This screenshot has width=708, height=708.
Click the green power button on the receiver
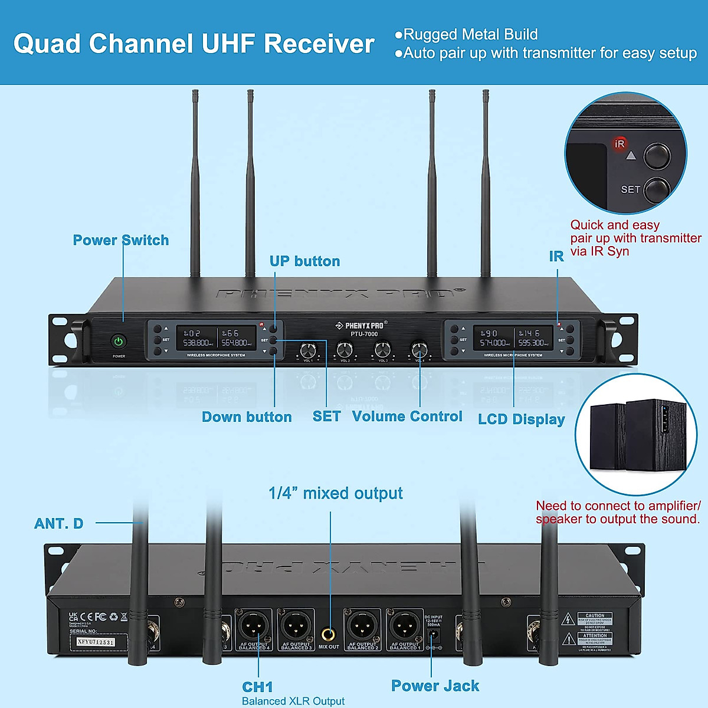pos(119,342)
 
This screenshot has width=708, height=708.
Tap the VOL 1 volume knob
pos(307,350)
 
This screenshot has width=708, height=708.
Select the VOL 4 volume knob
pos(419,349)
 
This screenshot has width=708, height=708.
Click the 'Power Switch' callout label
pos(120,240)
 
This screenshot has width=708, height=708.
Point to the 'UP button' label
pos(304,261)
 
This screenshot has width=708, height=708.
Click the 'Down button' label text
pos(247,417)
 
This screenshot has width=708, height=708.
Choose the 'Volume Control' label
pos(407,417)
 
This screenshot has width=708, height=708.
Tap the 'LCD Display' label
pos(521,419)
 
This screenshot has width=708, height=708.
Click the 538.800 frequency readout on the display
pos(196,343)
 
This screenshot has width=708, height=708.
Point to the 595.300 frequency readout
pos(531,343)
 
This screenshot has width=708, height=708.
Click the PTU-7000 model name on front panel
pos(364,334)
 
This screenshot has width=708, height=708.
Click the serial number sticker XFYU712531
pos(95,642)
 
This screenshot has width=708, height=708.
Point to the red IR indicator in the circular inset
pos(619,144)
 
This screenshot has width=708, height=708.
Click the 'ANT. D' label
pos(58,523)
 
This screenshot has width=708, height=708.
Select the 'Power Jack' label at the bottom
pos(435,686)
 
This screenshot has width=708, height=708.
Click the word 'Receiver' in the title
pos(319,44)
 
